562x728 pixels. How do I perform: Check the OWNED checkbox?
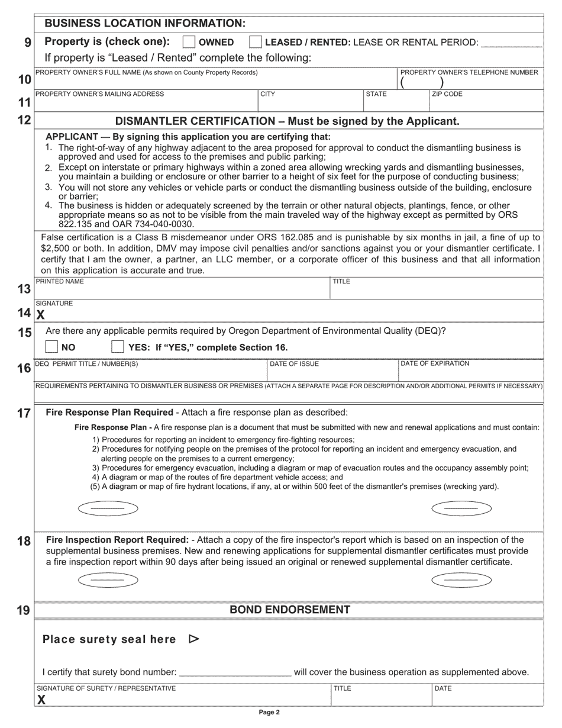189,42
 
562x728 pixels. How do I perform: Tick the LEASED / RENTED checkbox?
256,42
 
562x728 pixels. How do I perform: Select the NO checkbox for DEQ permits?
52,347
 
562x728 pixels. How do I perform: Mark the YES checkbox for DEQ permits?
118,347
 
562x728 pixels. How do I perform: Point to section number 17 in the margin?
24,413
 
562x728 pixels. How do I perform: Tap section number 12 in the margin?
24,120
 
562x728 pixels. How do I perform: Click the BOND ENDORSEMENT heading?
289,610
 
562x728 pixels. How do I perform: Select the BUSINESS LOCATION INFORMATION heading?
145,23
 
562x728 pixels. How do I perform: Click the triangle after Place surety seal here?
193,639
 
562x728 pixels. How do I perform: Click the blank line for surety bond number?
234,673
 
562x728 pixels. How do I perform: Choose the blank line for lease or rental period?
512,44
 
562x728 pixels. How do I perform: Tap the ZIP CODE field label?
447,94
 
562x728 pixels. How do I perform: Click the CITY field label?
268,94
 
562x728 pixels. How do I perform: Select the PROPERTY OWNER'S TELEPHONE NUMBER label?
469,72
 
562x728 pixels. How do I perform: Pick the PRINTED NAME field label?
60,282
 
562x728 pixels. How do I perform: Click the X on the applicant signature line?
41,315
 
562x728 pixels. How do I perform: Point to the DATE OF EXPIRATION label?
435,363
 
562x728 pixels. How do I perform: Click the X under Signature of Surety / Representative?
41,700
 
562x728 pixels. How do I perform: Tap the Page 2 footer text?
269,713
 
